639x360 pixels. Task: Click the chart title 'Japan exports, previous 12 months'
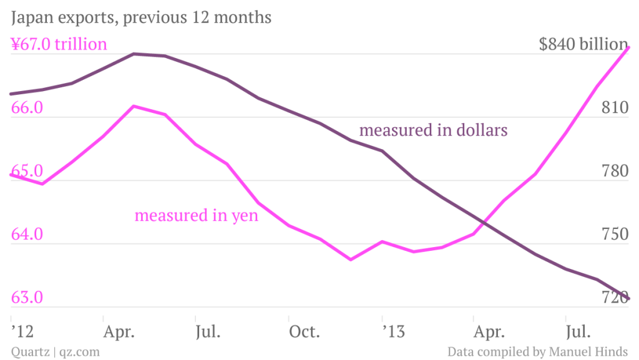tap(141, 17)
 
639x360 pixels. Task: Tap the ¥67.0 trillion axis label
tap(59, 44)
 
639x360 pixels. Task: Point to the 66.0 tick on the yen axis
tap(27, 108)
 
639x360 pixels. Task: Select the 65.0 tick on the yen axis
tap(27, 171)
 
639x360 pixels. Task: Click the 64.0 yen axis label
tap(27, 235)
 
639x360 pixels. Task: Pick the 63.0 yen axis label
tap(27, 298)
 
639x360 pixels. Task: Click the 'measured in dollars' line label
tap(434, 130)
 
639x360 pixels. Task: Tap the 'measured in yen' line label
tap(197, 216)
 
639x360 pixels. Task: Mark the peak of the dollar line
tap(134, 54)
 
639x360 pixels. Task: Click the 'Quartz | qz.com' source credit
tap(55, 352)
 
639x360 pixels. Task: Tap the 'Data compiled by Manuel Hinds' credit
tap(537, 352)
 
